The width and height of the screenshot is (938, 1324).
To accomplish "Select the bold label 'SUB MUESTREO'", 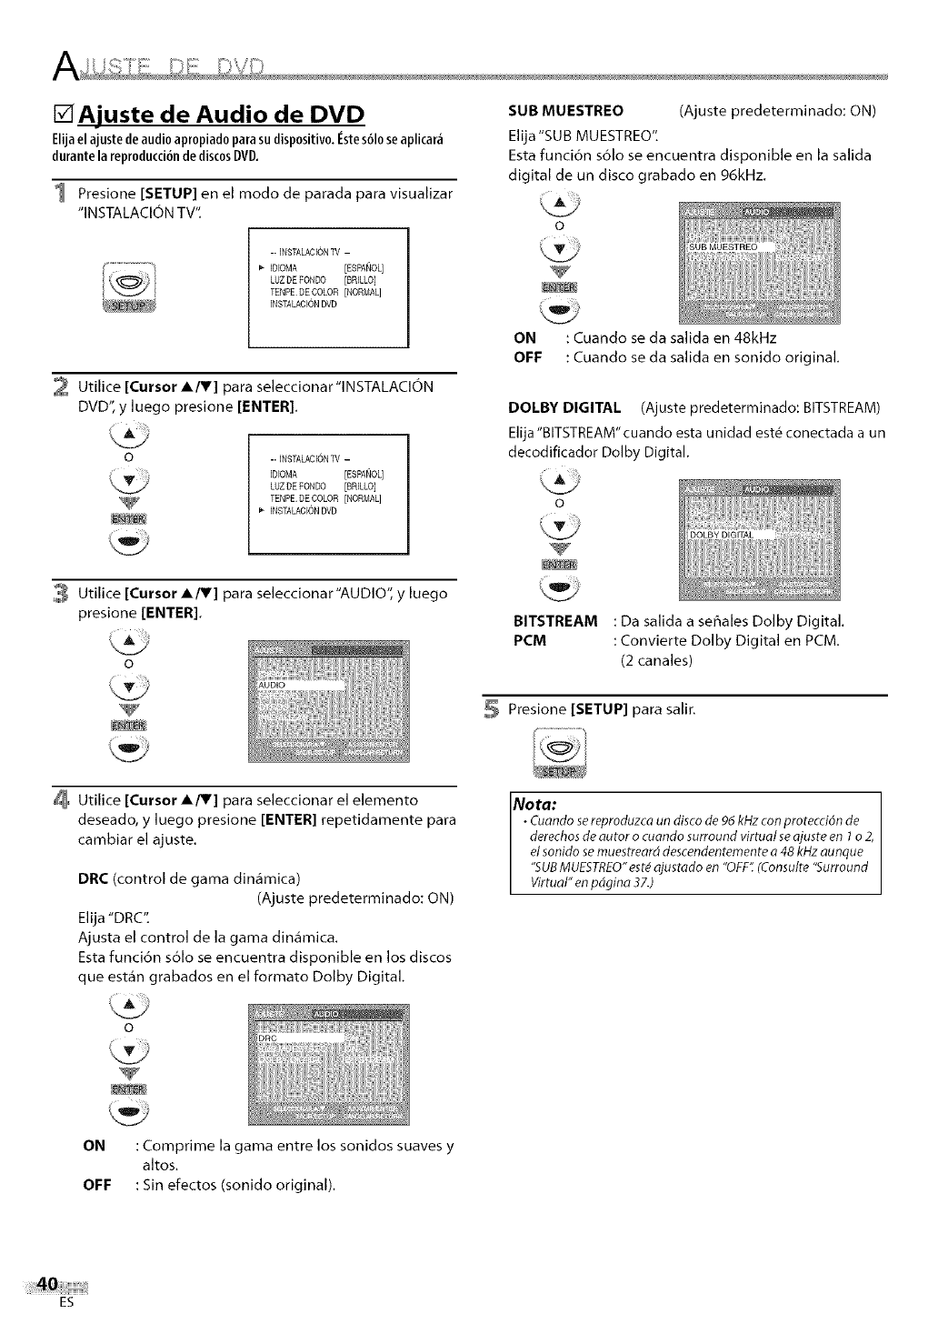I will point(565,111).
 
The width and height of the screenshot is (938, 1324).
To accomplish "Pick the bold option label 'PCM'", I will point(530,640).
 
